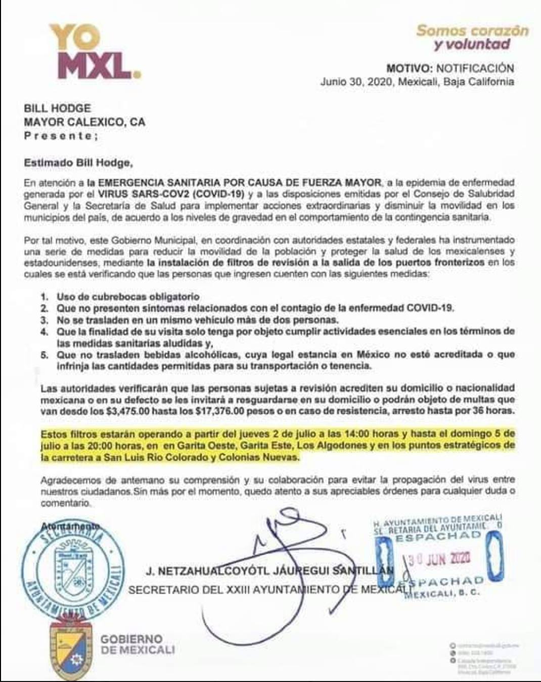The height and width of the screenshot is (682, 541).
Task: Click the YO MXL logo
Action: [x=94, y=52]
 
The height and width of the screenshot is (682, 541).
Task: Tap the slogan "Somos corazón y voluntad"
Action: [x=472, y=37]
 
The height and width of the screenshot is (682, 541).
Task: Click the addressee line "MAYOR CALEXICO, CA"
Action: [x=85, y=122]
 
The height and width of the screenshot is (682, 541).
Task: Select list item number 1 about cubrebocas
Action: [x=127, y=297]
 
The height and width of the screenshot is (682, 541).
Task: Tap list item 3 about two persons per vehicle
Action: [x=197, y=320]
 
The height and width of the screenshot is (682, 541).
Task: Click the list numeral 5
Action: [x=44, y=355]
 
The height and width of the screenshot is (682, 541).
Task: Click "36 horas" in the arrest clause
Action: [x=491, y=411]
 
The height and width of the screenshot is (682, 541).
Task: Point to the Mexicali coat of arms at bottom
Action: [x=71, y=649]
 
